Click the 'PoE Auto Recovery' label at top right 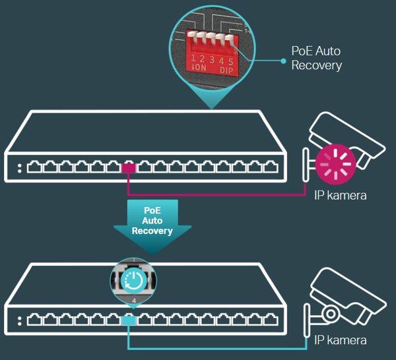click(x=316, y=58)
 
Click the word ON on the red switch click(x=197, y=67)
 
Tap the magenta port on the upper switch click(x=128, y=168)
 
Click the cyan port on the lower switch click(x=129, y=320)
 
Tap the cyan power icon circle click(x=134, y=280)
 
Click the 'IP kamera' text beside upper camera click(x=340, y=195)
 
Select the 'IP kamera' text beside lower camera click(x=340, y=340)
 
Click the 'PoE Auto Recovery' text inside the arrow click(x=152, y=221)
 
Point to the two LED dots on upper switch click(x=19, y=168)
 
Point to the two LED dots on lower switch click(x=19, y=320)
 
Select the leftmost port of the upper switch click(x=34, y=168)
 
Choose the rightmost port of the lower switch click(x=269, y=320)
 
